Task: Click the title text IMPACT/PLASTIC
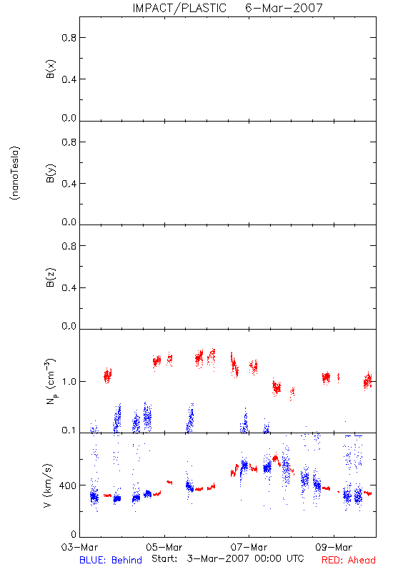coord(179,8)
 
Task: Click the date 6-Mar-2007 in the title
coord(284,8)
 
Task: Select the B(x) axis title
coord(50,69)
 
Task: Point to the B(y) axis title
coord(50,173)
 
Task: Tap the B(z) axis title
coord(50,277)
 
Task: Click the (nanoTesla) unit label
coord(15,173)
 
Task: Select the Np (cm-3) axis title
coord(50,381)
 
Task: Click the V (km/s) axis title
coord(48,485)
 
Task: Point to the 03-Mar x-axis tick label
coord(79,547)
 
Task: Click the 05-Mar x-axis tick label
coord(164,547)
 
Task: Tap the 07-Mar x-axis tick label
coord(249,547)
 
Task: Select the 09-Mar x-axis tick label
coord(334,547)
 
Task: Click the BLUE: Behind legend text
coord(111,560)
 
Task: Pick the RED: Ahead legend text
coord(349,560)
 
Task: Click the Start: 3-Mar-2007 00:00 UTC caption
coord(227,559)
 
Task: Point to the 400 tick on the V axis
coord(68,485)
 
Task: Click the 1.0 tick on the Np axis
coord(69,382)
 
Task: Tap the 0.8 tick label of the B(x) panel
coord(69,38)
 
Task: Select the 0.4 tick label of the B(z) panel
coord(69,288)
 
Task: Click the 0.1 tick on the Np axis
coord(69,430)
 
